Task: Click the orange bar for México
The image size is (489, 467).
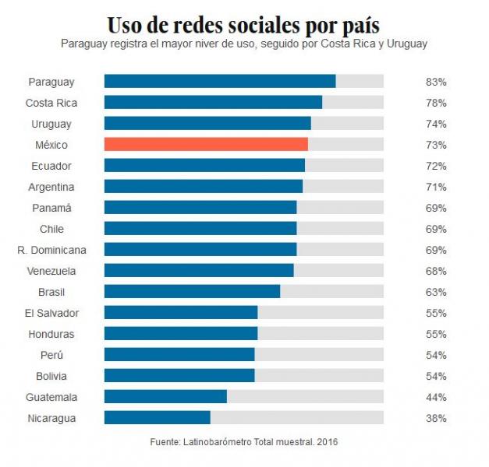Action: coord(206,145)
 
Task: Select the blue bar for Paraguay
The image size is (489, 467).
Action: coord(220,81)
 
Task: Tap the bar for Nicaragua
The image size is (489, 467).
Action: coord(157,418)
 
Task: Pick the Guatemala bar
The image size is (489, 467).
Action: coord(165,397)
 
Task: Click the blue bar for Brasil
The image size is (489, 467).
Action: coord(192,292)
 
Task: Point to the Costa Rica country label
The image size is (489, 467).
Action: coord(51,103)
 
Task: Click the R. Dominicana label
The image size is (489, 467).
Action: coord(51,250)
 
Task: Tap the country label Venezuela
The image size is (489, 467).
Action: coord(51,271)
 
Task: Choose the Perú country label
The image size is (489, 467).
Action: coord(51,355)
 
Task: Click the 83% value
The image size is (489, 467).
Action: coord(436,82)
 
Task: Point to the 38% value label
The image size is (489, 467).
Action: coord(436,418)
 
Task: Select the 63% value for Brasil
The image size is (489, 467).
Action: coord(436,292)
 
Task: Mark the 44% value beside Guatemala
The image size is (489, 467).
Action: coord(436,397)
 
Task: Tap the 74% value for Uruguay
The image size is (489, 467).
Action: coord(436,124)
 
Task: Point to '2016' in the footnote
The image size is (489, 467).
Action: coord(327,442)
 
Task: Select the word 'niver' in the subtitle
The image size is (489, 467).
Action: coord(205,44)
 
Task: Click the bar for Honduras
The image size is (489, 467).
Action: coord(181,334)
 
